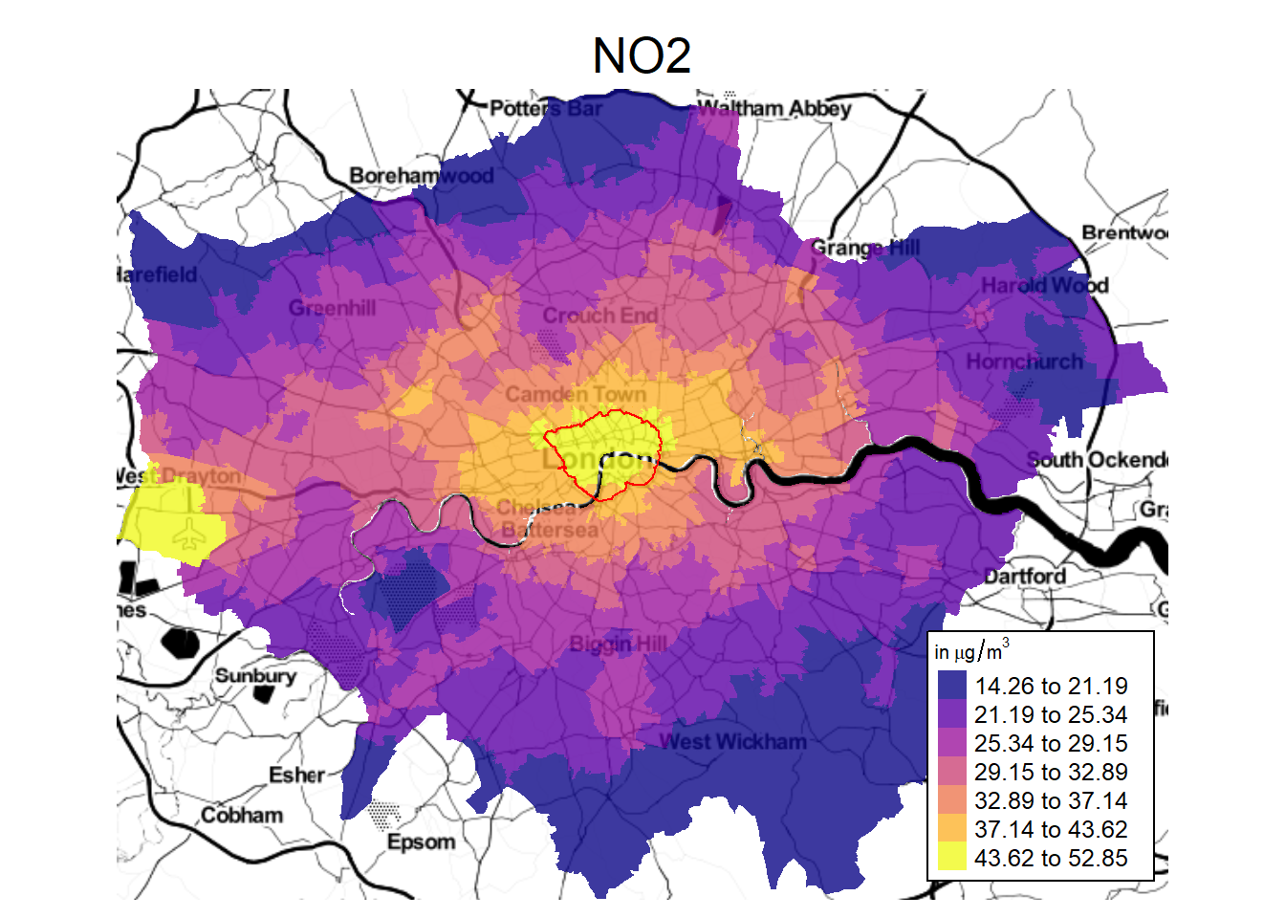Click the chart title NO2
click(642, 55)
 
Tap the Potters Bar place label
click(546, 108)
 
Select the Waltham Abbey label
click(773, 108)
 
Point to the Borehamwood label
click(422, 175)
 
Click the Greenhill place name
click(332, 308)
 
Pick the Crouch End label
click(600, 316)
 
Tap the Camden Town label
click(576, 394)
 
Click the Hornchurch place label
click(1024, 361)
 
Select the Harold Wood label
click(1044, 285)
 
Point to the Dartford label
click(1025, 576)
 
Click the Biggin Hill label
click(618, 643)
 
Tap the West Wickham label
click(732, 741)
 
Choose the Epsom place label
click(421, 841)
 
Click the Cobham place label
click(242, 815)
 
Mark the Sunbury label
click(255, 675)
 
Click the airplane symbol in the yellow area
click(191, 535)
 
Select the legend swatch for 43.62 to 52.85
click(952, 858)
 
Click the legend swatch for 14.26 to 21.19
click(952, 686)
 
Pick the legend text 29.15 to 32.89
click(1051, 772)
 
